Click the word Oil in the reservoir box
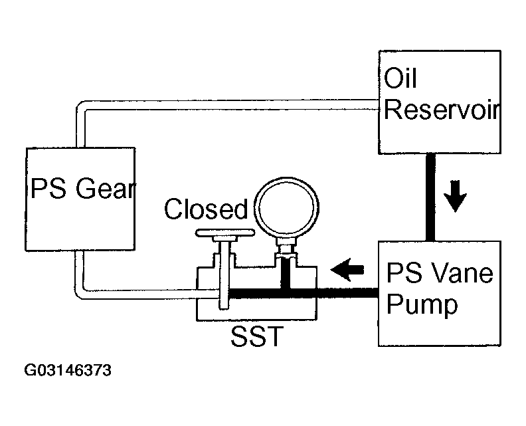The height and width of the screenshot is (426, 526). point(400,78)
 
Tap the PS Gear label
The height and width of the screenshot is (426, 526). point(83,188)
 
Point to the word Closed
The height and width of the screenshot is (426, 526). point(206,209)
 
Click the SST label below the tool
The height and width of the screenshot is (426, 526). point(257,336)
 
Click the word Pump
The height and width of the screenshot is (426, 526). point(422,305)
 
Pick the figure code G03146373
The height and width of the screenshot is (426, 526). point(68,371)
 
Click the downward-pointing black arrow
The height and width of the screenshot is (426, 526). point(455,196)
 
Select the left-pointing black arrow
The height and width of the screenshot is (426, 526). point(347,269)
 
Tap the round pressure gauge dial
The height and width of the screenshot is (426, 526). point(286,207)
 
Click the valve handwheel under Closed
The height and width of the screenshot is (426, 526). point(225,233)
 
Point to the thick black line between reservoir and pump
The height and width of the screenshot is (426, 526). point(430,197)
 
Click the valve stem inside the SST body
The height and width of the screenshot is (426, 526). point(224,274)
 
